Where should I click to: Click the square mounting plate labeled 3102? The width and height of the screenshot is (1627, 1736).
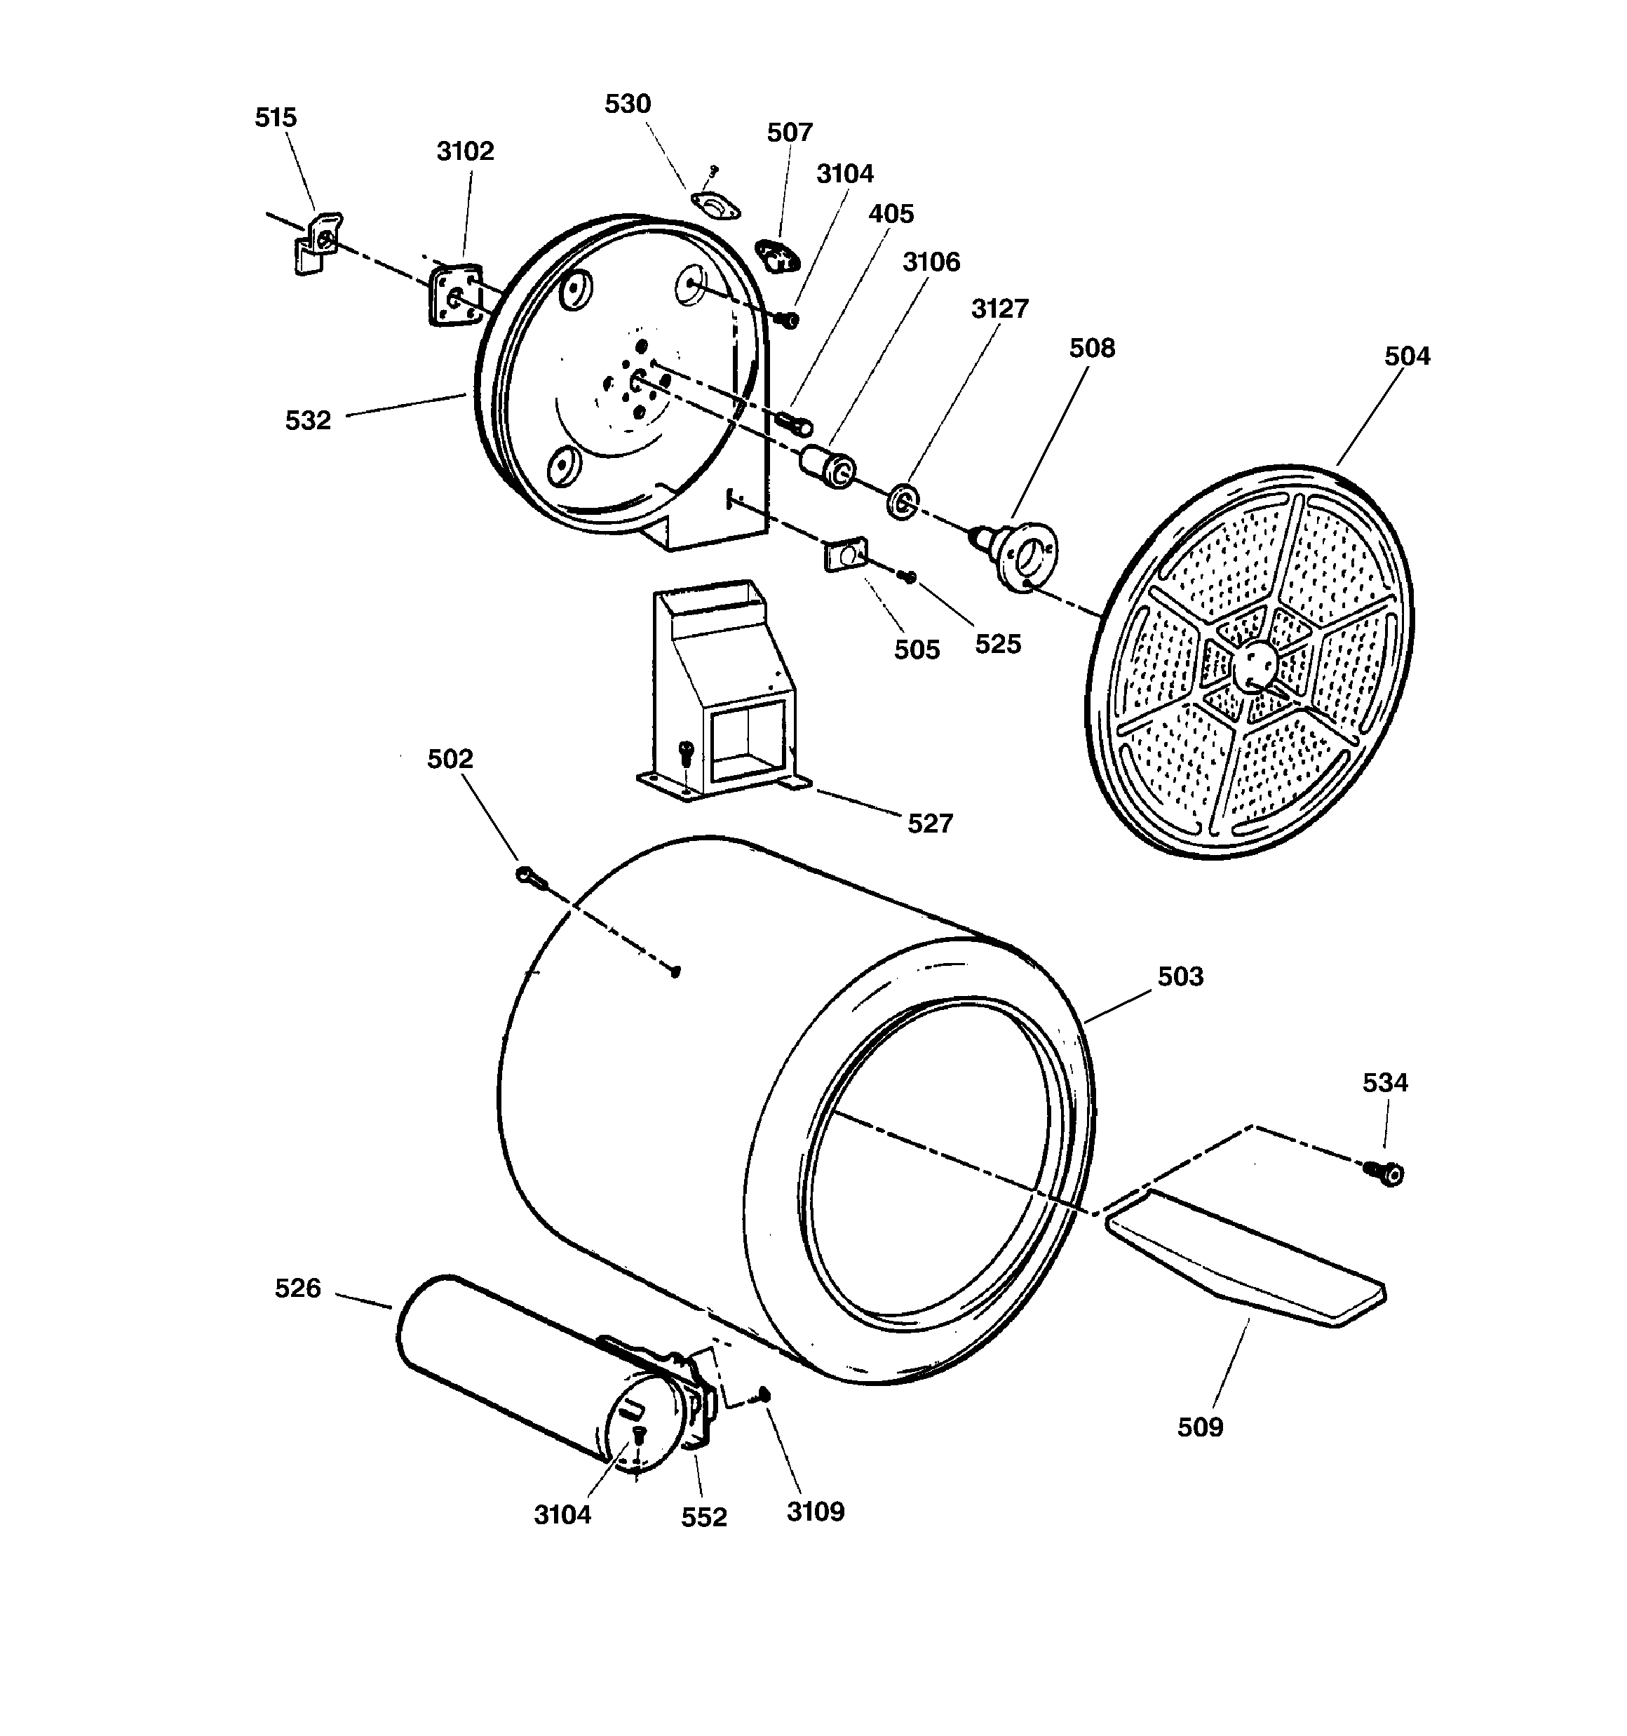[455, 295]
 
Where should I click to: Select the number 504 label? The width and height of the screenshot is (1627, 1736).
[1407, 356]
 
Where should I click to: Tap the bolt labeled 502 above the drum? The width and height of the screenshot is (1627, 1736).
[530, 877]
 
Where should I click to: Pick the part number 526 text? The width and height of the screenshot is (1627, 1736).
[298, 1288]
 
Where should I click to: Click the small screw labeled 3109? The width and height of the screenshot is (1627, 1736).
[764, 1394]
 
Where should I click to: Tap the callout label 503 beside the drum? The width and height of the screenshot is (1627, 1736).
[1180, 976]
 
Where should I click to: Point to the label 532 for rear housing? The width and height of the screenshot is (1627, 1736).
[309, 421]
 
